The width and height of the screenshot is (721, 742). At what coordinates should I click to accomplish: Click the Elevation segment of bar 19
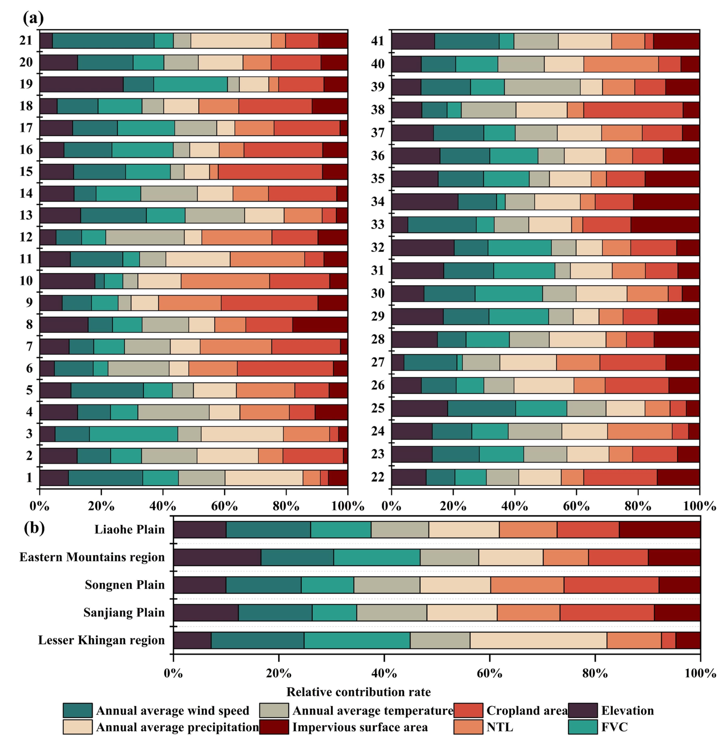81,84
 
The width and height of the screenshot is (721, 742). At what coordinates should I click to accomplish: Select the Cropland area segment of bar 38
633,110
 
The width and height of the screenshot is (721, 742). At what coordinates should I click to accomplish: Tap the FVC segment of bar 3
133,434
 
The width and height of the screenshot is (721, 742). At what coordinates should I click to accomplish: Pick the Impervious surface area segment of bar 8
320,324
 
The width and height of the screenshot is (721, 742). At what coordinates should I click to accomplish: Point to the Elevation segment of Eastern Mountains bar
217,557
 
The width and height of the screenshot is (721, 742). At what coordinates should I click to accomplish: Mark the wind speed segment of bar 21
103,40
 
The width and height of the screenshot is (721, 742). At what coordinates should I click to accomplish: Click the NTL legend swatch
468,727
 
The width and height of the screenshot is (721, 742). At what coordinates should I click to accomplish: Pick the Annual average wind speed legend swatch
78,710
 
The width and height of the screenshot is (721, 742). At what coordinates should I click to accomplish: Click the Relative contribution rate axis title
358,692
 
